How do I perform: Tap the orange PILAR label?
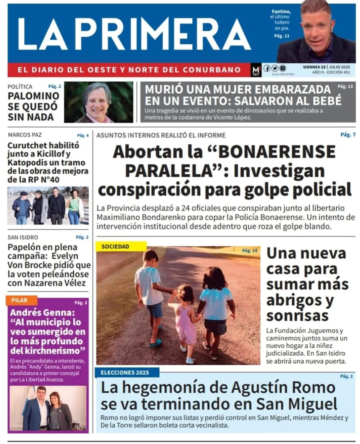[20, 300]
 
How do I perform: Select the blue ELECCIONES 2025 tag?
[125, 372]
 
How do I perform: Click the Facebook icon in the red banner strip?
[267, 68]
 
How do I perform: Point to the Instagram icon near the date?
[282, 68]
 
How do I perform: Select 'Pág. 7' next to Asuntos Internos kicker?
[348, 135]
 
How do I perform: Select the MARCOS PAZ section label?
[24, 135]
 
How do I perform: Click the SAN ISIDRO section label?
[23, 237]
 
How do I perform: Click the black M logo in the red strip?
[256, 70]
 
